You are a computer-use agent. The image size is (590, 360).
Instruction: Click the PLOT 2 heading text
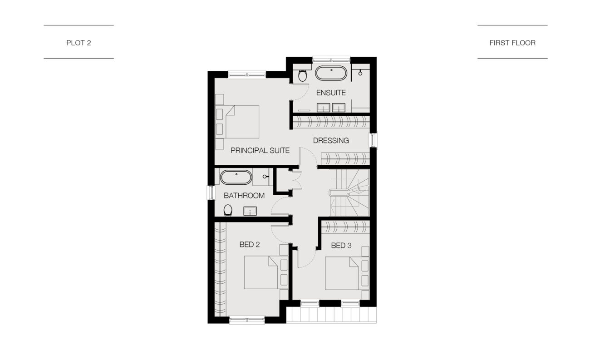click(x=79, y=43)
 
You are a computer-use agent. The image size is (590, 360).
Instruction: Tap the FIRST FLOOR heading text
click(x=512, y=43)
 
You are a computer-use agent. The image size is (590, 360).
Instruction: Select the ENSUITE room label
click(x=331, y=93)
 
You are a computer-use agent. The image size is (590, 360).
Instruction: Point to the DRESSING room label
click(x=331, y=140)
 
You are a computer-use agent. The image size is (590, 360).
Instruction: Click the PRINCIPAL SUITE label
click(x=260, y=150)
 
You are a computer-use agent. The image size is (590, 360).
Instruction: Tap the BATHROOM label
click(x=244, y=196)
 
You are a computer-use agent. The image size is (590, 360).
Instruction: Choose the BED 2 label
click(x=250, y=245)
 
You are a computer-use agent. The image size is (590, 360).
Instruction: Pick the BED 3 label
click(x=341, y=246)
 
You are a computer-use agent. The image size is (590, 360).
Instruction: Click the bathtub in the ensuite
click(x=331, y=73)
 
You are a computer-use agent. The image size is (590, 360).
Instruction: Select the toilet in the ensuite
click(x=302, y=75)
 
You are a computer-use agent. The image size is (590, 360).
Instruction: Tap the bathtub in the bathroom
click(x=236, y=177)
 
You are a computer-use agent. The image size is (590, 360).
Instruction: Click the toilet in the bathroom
click(x=228, y=210)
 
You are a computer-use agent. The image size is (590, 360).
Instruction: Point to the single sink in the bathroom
click(x=250, y=211)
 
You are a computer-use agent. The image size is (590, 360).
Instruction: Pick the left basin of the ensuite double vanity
click(x=323, y=108)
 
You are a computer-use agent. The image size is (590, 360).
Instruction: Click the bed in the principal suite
click(x=237, y=122)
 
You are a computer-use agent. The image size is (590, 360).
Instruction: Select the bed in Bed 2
click(x=266, y=272)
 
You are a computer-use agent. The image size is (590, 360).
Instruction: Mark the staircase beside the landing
click(x=350, y=192)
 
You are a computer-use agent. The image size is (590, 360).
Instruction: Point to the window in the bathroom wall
click(x=211, y=192)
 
